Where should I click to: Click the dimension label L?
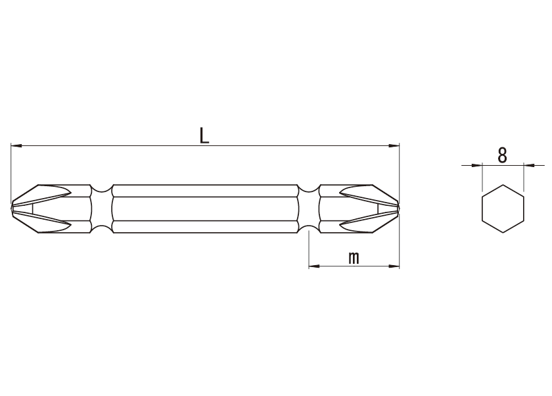point(204,136)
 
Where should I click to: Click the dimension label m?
point(354,258)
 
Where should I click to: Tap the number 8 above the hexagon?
point(502,155)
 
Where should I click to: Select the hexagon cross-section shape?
point(503,209)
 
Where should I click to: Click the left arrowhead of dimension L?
point(16,145)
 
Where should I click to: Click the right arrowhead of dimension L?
point(394,145)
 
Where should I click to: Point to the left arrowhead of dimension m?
point(314,266)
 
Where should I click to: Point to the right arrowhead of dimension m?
point(394,266)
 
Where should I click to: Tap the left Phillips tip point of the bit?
point(12,209)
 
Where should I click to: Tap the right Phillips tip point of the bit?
point(398,209)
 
